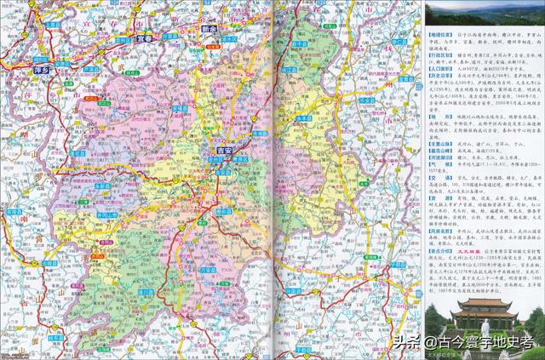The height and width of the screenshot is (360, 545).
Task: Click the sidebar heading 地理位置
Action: point(439,38)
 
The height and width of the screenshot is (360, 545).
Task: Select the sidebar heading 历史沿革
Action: point(439,76)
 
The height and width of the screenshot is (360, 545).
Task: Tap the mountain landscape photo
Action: point(483,14)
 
